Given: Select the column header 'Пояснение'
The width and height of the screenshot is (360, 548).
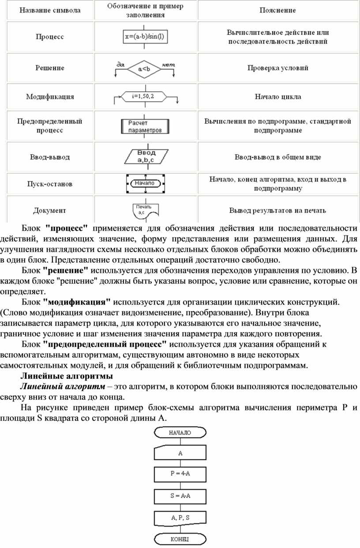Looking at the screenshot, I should pos(277,10).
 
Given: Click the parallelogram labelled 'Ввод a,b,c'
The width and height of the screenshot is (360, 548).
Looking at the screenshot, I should pos(143,157).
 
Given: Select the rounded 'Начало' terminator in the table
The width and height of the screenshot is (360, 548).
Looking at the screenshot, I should pos(145,183).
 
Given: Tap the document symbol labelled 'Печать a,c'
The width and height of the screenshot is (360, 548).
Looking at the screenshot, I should pos(144,210).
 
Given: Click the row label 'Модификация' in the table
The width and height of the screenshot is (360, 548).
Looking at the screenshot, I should pos(50,96).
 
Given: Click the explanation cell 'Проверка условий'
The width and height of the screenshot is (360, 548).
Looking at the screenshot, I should pos(277,68).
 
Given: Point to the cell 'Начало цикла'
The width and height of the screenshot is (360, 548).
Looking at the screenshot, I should pos(277,96).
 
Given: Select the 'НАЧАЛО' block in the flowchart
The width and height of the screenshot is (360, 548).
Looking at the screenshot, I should pos(180,433).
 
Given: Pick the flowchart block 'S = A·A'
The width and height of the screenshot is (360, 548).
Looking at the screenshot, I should pos(180,495).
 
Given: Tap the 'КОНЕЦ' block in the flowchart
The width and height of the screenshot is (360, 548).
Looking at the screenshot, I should pos(180,539).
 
